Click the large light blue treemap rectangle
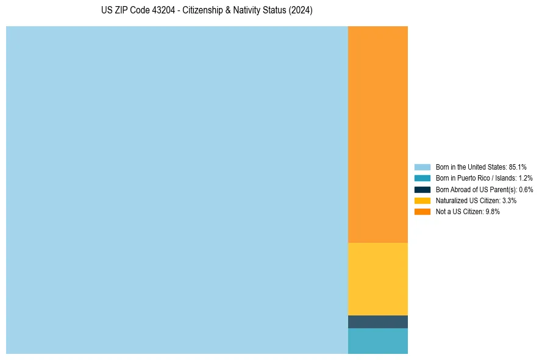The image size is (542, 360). click(x=177, y=190)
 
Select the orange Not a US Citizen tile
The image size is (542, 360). click(x=377, y=134)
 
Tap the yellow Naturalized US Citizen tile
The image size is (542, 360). click(x=377, y=279)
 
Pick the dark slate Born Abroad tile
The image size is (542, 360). click(x=377, y=322)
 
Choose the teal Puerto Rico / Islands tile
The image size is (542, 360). click(x=377, y=341)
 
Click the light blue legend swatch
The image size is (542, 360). click(x=422, y=167)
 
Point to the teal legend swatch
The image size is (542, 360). click(x=422, y=178)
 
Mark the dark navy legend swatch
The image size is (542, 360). click(x=422, y=189)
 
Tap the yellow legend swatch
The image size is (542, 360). click(x=422, y=200)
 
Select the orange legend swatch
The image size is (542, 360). click(x=422, y=211)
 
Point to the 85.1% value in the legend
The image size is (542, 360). click(x=518, y=167)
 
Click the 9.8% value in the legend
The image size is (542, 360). click(x=493, y=211)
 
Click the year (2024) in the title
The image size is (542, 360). click(x=301, y=11)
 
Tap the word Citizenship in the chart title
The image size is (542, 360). click(x=202, y=11)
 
